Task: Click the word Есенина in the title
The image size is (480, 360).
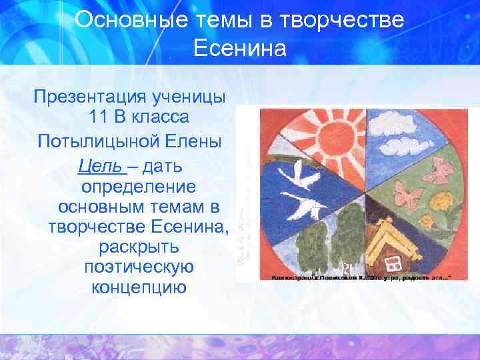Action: tap(240, 48)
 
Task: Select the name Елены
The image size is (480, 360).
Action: tap(199, 142)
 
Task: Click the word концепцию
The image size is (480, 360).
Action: tap(138, 289)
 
